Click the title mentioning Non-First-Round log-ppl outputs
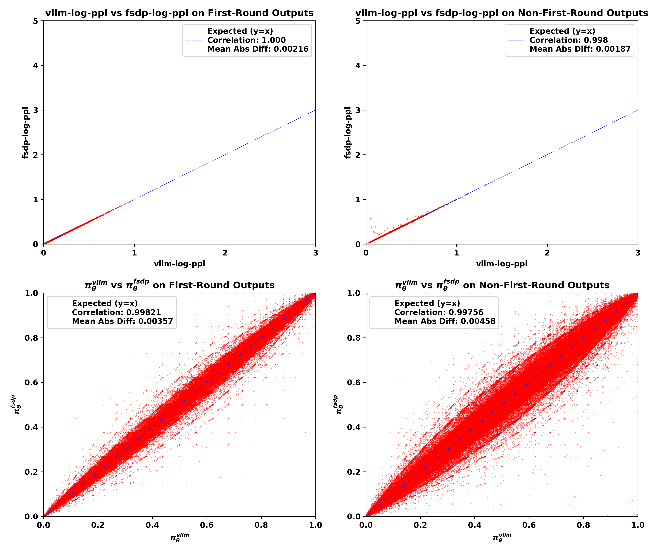tap(502, 13)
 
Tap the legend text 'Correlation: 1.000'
tap(246, 40)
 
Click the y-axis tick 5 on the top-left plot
tap(35, 21)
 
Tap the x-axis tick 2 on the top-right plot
tap(547, 253)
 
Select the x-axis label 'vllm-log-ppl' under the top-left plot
tap(179, 264)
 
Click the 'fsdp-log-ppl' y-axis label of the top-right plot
tap(348, 133)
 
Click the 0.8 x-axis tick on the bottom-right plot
tap(583, 525)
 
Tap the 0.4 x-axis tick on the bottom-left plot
tap(152, 525)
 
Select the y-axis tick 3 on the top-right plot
tap(358, 110)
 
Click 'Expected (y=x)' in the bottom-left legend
tap(105, 303)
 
